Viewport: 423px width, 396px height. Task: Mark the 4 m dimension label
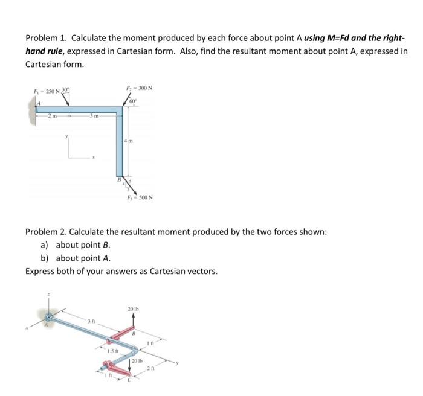pyautogui.click(x=131, y=141)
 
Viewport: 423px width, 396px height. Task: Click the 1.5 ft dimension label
pyautogui.click(x=112, y=350)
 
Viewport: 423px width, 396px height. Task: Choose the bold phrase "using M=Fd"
pyautogui.click(x=328, y=38)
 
